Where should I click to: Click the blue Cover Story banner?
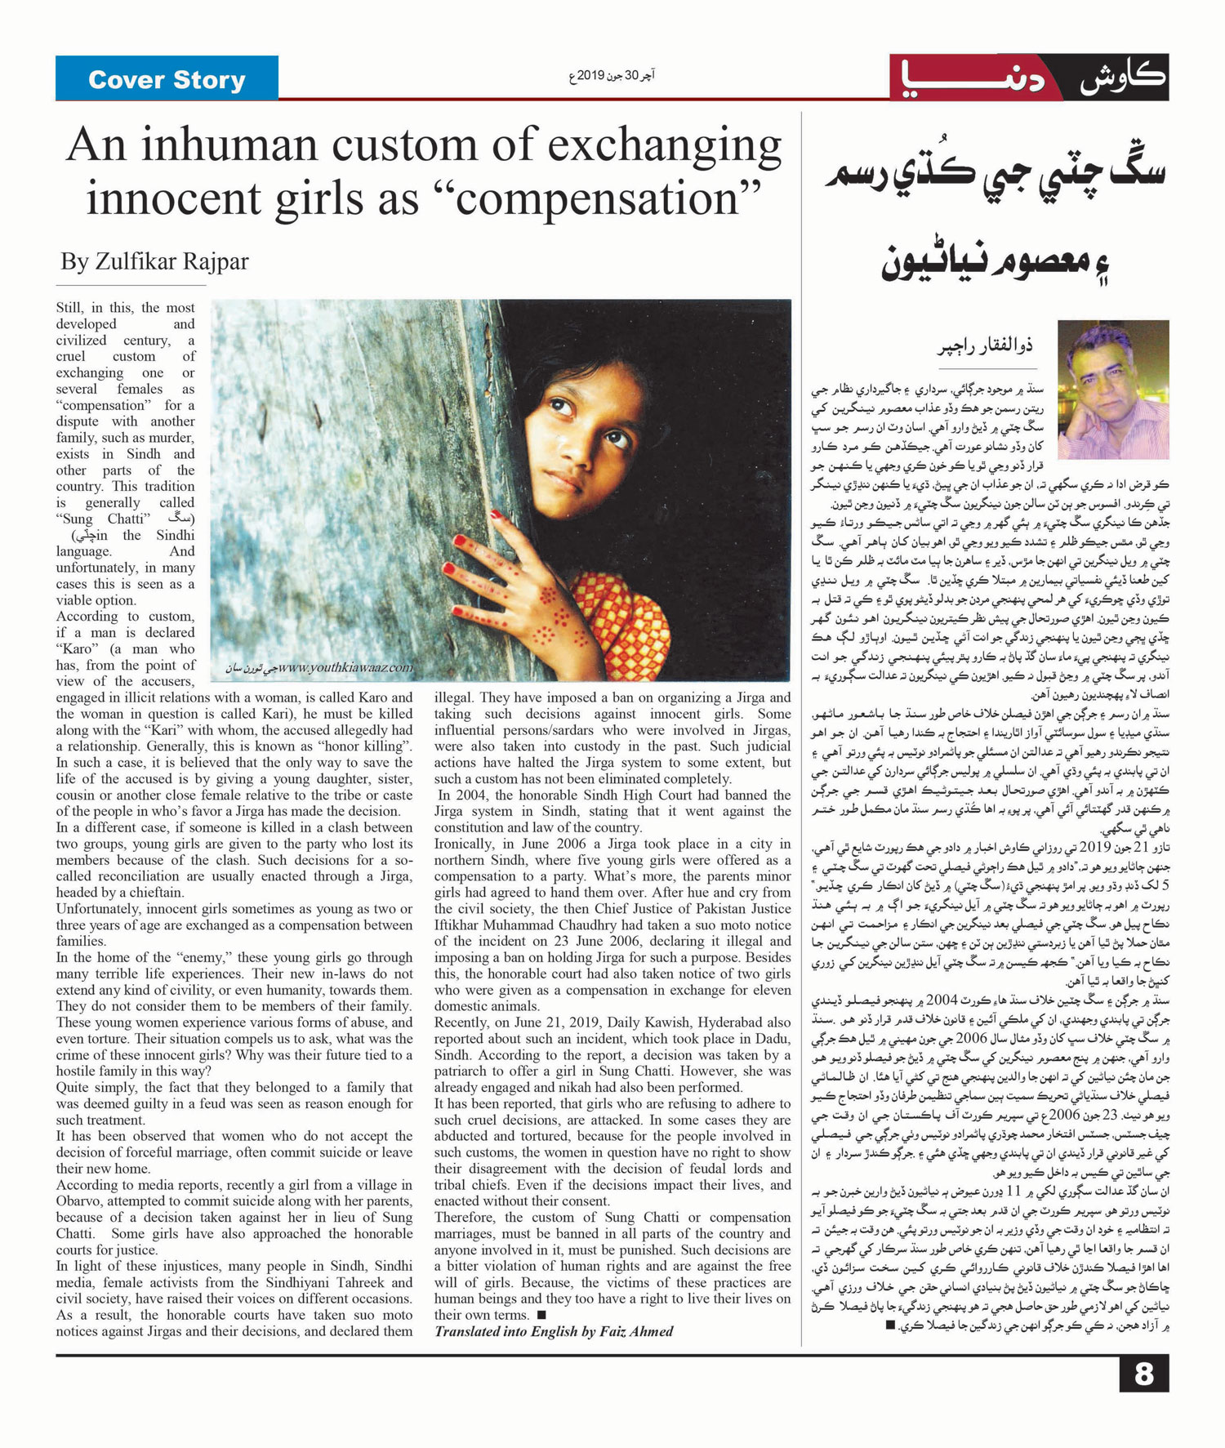(167, 79)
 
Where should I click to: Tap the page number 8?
(1143, 1374)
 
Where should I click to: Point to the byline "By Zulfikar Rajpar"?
(154, 262)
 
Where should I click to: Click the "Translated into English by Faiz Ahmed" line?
(554, 1332)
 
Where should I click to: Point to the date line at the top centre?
(612, 77)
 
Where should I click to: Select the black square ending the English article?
(541, 1316)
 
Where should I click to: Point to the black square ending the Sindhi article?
(890, 1325)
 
